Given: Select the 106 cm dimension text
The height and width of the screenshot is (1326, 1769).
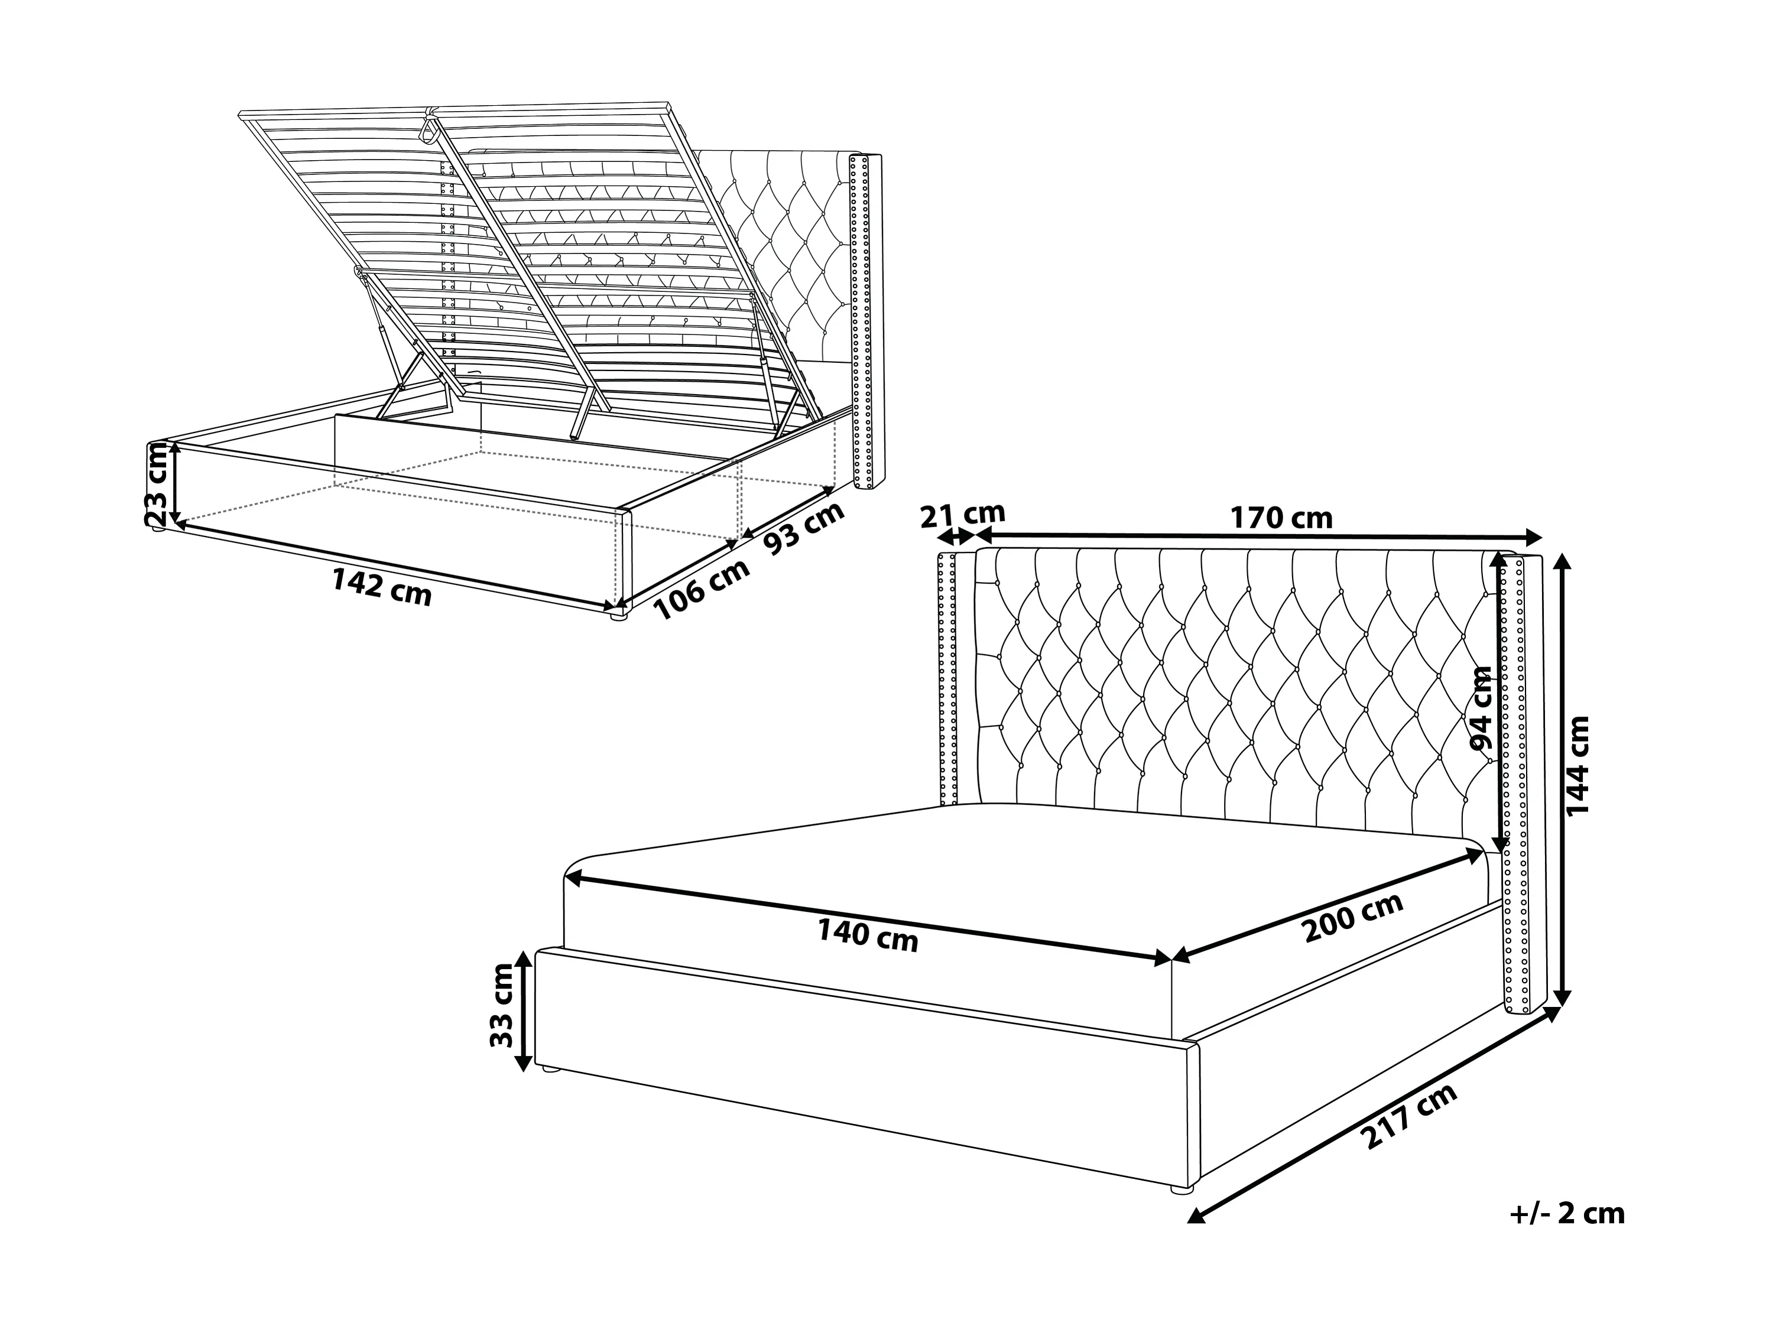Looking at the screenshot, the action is [x=702, y=589].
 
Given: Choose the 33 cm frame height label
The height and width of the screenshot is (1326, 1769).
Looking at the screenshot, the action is [x=501, y=1005].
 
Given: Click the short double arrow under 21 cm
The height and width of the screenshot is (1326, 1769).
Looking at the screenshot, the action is [x=954, y=536].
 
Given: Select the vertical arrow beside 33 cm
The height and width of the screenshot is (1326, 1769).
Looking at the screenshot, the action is [x=523, y=1011].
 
